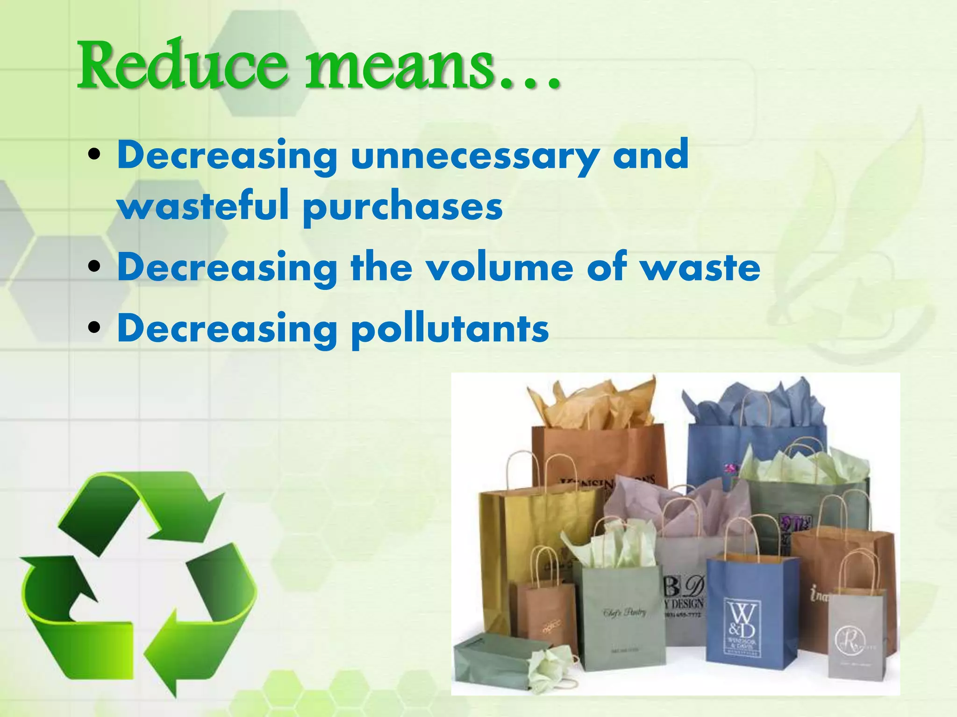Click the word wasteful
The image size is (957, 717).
203,206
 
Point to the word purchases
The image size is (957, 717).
403,208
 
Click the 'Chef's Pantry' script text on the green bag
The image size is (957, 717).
625,612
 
